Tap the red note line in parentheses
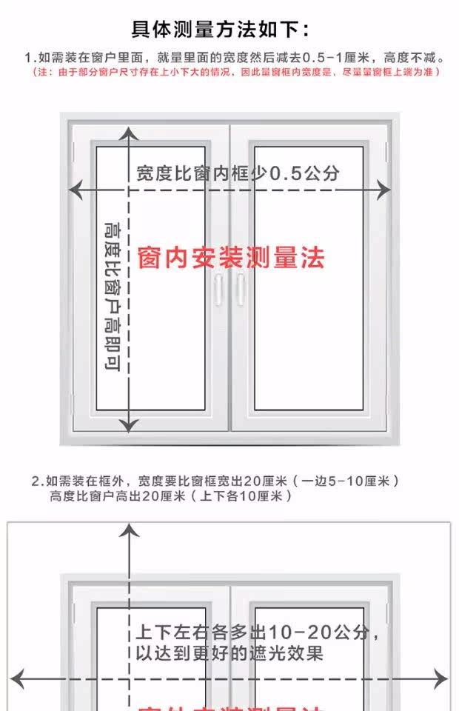pos(236,73)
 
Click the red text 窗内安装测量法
pos(232,258)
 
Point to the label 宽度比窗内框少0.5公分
pos(238,173)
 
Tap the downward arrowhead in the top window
pos(130,426)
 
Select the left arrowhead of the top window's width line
pos(73,190)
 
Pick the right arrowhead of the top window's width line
pos(384,190)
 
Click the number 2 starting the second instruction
pos(35,481)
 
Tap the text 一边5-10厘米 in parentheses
pos(347,481)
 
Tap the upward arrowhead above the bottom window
pos(130,529)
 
